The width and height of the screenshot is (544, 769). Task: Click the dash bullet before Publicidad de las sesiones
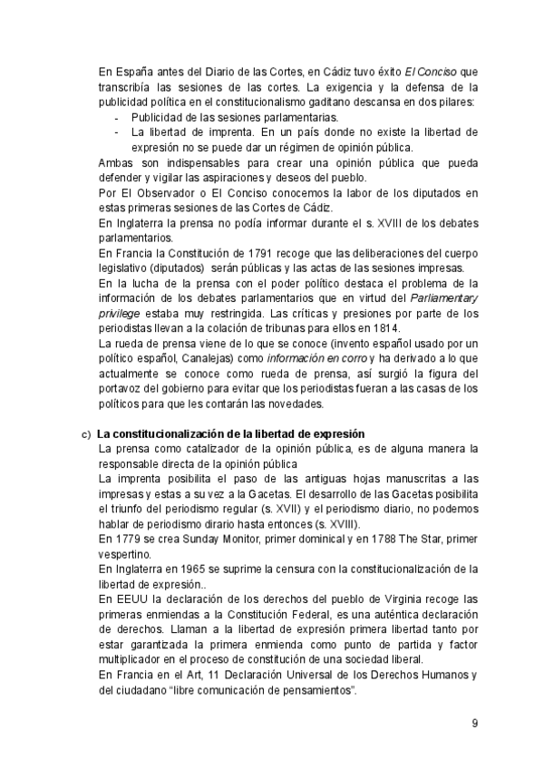[115, 118]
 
